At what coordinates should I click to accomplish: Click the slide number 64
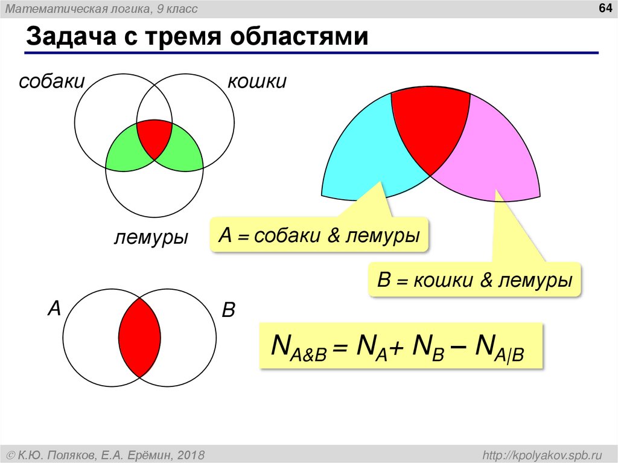[604, 8]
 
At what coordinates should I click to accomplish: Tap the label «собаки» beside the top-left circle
[51, 81]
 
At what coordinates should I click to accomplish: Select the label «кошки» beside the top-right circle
[256, 81]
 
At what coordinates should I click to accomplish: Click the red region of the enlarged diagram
[430, 127]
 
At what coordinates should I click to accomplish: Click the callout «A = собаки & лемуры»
[319, 235]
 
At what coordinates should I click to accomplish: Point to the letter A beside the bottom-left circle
[54, 309]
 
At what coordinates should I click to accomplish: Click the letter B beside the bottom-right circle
[228, 311]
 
